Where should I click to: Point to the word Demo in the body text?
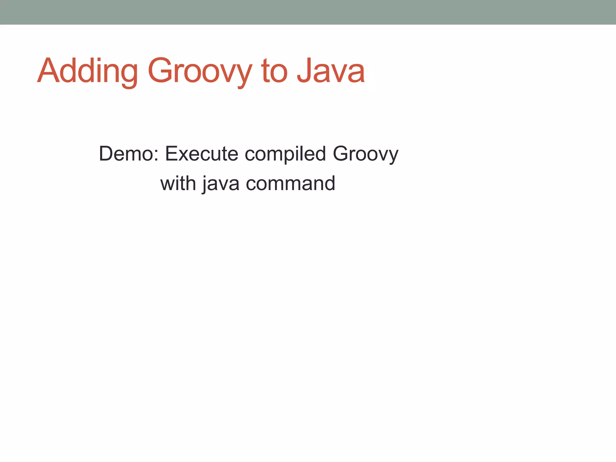pos(126,154)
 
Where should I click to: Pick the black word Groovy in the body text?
pos(365,154)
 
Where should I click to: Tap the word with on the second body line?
pos(178,183)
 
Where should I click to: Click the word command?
pos(290,183)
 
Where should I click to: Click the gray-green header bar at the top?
pos(308,12)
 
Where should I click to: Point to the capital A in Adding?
pos(48,71)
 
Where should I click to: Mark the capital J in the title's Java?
pos(305,71)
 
